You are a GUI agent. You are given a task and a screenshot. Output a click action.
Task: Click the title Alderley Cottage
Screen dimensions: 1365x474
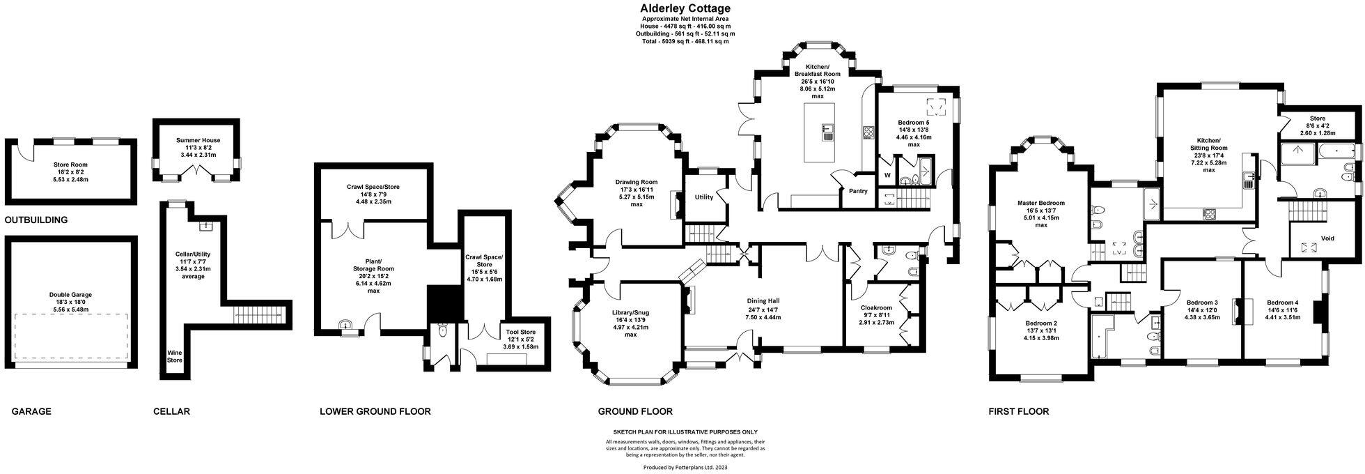685,8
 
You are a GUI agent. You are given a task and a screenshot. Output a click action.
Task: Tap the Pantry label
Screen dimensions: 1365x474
857,191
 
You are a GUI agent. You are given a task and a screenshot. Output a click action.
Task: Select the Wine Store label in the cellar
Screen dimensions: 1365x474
174,356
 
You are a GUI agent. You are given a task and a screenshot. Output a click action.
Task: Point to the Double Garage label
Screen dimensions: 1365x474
71,295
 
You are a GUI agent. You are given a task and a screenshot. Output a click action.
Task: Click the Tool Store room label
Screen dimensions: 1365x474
521,332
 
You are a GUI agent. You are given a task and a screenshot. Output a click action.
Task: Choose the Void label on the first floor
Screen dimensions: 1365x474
1327,238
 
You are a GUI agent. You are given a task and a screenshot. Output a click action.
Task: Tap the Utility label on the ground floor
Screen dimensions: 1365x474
703,197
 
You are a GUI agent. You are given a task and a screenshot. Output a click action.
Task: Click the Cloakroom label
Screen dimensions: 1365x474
875,307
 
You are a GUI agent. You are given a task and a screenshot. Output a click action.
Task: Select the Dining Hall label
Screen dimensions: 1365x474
763,302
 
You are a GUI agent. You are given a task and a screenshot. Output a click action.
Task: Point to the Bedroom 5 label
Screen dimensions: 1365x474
914,123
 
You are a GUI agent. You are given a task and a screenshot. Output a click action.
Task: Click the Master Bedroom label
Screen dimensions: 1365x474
1040,204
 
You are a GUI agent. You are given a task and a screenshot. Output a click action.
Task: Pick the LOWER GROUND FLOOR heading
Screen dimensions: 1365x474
375,411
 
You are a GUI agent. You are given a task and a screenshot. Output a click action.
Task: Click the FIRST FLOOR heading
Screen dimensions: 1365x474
1019,411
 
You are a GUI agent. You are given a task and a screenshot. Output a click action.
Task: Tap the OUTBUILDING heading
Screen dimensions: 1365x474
36,220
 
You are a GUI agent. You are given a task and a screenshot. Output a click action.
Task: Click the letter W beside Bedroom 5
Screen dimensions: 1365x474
887,175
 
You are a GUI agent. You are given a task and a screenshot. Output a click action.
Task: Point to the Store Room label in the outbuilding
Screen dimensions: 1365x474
71,165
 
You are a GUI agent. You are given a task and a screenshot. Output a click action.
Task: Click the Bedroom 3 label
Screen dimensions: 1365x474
1201,303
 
